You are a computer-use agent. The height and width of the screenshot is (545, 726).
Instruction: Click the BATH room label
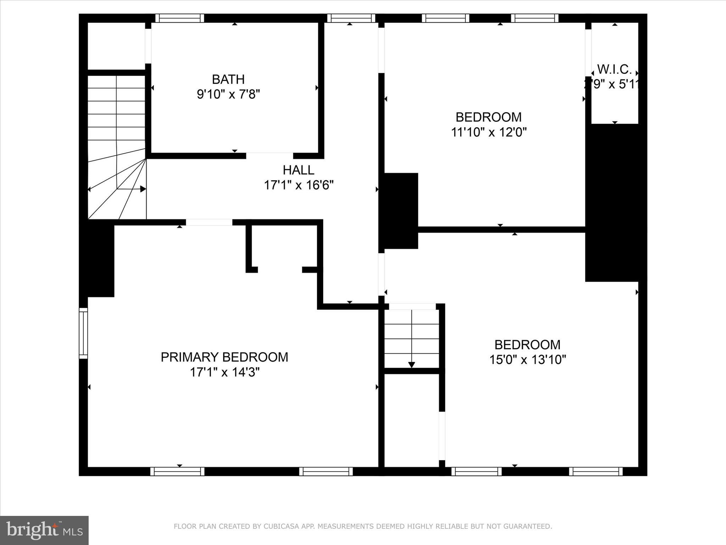tap(228, 79)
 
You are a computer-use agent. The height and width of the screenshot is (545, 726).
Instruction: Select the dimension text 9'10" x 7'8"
tap(228, 94)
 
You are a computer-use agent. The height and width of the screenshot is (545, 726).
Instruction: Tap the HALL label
tap(298, 170)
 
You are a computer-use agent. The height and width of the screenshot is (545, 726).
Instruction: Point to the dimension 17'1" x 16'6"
tap(298, 185)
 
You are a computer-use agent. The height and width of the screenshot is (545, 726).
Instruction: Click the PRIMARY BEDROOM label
tap(224, 357)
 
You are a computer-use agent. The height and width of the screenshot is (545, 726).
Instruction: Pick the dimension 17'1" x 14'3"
tap(225, 372)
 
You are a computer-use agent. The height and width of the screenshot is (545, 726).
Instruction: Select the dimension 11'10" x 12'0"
tap(488, 132)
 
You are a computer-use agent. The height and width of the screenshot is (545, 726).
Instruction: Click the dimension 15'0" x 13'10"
tap(527, 360)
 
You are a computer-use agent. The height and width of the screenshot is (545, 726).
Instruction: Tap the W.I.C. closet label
tap(614, 69)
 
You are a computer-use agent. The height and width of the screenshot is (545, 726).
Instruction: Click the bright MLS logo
tap(44, 530)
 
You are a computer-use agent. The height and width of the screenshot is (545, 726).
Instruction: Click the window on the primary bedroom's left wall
tap(83, 333)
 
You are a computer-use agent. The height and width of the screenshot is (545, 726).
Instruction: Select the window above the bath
tap(180, 18)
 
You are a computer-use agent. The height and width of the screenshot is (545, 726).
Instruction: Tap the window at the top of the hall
tap(351, 18)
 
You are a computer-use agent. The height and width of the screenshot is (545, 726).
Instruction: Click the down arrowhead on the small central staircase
tap(412, 364)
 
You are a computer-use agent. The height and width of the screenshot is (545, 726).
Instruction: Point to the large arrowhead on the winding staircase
tap(143, 189)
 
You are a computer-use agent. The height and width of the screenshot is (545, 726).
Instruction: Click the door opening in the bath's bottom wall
tap(269, 156)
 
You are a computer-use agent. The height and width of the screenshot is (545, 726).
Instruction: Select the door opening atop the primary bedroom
tap(209, 222)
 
